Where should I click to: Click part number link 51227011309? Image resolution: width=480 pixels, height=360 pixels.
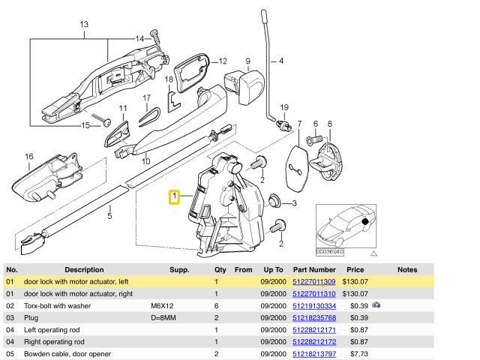tap(313, 281)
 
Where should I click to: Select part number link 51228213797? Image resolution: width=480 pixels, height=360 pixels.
tap(313, 353)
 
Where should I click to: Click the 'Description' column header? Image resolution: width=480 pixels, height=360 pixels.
tap(84, 269)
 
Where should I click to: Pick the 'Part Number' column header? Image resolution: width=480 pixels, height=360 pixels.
tap(314, 269)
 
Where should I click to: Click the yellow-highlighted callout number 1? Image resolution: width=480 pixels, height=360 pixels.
tap(174, 198)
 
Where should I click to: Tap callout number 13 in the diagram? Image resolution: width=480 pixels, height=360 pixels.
tap(84, 25)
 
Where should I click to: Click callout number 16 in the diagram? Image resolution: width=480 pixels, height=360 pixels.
tap(28, 157)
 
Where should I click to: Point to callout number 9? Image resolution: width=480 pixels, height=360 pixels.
tap(247, 60)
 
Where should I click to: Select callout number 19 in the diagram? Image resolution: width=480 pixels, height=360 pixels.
tap(284, 108)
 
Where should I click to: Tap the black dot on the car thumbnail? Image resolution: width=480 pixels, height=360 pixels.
tap(364, 222)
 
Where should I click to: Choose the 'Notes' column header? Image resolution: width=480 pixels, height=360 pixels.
tap(407, 269)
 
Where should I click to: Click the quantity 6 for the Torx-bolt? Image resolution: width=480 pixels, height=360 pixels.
tap(216, 305)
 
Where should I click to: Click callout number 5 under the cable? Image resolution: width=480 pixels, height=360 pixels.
tap(109, 217)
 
